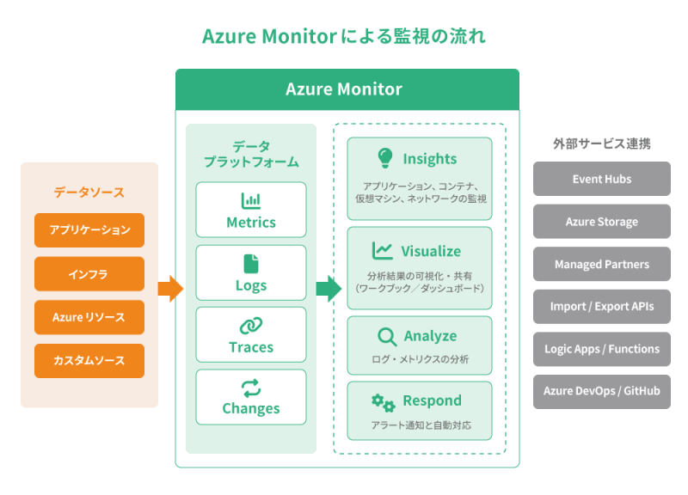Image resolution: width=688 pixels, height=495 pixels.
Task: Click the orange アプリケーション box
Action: (x=89, y=230)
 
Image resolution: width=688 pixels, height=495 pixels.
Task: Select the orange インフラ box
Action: (x=89, y=274)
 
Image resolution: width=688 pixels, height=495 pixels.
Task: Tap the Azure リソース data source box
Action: (x=89, y=317)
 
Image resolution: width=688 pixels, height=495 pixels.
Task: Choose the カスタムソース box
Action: (x=89, y=361)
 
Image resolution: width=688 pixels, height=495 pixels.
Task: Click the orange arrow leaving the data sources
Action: (x=171, y=289)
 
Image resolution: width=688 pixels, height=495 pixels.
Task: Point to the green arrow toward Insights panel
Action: (x=328, y=289)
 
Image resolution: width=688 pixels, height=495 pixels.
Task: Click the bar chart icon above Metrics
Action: (x=251, y=200)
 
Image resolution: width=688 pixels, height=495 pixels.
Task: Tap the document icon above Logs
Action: (x=251, y=264)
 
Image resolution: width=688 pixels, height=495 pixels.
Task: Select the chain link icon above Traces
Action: (x=251, y=326)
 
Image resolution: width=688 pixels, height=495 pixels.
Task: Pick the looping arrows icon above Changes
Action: (x=251, y=388)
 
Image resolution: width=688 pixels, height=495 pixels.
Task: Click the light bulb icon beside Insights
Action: (x=384, y=158)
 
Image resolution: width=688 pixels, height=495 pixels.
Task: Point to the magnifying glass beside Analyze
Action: (x=386, y=336)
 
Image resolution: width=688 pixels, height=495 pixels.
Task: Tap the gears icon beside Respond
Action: (x=383, y=401)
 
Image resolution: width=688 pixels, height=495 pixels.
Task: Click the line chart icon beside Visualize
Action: (x=383, y=251)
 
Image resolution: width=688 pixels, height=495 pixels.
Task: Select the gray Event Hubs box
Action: (x=602, y=179)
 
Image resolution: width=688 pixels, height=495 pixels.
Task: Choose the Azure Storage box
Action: (x=602, y=222)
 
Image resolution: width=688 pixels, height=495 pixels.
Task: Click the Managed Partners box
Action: (x=602, y=264)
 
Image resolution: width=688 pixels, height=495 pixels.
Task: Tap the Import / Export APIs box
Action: (x=602, y=306)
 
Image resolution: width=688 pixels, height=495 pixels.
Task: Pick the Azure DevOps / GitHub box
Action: (x=602, y=391)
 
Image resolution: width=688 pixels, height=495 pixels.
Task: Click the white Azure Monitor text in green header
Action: (x=344, y=89)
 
